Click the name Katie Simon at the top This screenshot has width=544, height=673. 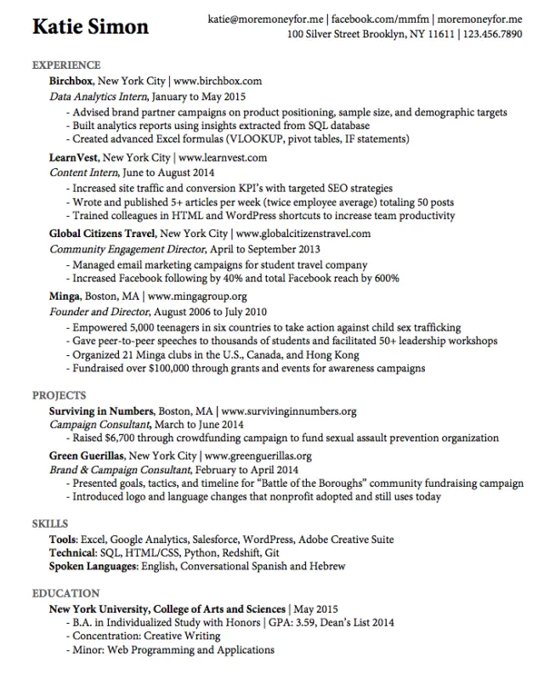click(90, 26)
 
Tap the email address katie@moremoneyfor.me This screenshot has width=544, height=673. click(266, 17)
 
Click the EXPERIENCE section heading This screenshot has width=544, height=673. click(66, 65)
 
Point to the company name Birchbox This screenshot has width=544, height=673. click(71, 81)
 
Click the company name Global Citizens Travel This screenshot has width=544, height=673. click(102, 233)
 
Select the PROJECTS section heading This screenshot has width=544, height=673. click(59, 395)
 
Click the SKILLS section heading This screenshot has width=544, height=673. click(50, 523)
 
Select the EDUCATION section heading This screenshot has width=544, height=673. click(65, 593)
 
